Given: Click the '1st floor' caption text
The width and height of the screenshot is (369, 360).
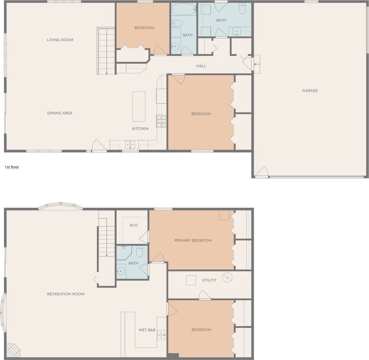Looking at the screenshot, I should [12, 167].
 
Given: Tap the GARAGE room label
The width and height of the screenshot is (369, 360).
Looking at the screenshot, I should [310, 91].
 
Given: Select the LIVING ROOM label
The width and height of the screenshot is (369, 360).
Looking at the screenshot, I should [60, 40].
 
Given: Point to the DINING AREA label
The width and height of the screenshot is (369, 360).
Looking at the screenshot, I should [60, 113].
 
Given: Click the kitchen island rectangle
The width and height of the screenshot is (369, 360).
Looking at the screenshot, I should [139, 106].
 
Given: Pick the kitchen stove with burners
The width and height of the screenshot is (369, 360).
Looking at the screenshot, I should [161, 121].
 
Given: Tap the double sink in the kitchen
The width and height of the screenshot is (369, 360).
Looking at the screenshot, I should [130, 145].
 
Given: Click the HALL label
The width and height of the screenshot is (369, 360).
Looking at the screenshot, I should [201, 66].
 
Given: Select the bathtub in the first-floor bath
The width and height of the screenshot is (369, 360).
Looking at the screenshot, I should [184, 9].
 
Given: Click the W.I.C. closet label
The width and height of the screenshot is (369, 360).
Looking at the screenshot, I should [134, 225].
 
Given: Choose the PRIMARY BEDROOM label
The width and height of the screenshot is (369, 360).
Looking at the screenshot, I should [193, 240].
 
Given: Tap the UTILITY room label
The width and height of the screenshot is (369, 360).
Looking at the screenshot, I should [209, 280].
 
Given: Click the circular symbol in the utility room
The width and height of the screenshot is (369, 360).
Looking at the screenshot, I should [227, 277].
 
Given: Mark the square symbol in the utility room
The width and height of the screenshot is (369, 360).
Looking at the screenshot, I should [191, 280].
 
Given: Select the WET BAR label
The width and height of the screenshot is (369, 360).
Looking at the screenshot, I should [147, 330].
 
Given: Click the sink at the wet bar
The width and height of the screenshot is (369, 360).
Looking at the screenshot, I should [161, 334].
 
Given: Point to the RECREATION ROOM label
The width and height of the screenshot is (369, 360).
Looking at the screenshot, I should [66, 294].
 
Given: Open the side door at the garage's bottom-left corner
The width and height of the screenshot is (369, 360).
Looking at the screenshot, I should [262, 172].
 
